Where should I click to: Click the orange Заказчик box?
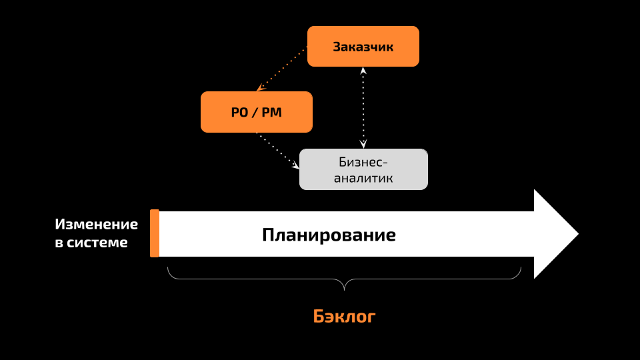pos(363,47)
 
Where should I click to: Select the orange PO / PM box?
pos(256,112)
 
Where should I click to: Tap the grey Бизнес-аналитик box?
pos(363,169)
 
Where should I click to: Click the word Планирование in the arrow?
pos(329,235)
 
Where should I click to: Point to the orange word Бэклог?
pos(344,316)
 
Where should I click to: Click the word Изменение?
pos(96,224)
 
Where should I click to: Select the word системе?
pos(97,243)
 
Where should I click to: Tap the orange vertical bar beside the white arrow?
pos(155,233)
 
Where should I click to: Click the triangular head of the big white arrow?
pos(556,234)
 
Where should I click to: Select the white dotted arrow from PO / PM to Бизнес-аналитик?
pos(277,151)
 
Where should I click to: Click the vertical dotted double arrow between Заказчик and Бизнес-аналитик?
pos(363,108)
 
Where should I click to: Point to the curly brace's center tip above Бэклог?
pos(344,290)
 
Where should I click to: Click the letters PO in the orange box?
pos(239,112)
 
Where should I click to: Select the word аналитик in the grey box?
pos(363,178)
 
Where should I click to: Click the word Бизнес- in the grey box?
pos(363,162)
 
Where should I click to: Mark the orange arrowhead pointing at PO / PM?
pos(261,88)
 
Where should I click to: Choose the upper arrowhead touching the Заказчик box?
pos(363,71)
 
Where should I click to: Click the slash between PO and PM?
pos(255,112)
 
